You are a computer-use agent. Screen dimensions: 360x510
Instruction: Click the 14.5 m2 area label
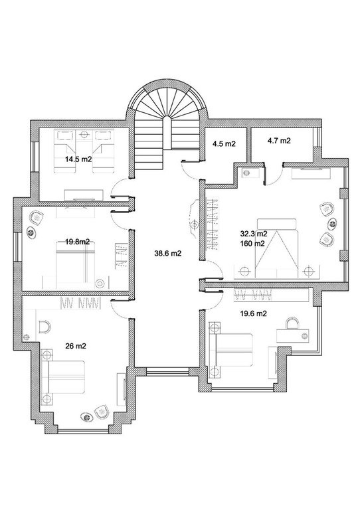78,159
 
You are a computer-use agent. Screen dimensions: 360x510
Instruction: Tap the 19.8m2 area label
78,242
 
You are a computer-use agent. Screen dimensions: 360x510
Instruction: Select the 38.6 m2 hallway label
168,254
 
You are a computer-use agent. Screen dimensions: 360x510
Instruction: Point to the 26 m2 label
76,346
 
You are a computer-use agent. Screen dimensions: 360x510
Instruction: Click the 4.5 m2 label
224,143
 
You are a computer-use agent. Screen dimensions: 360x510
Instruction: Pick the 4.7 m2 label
279,141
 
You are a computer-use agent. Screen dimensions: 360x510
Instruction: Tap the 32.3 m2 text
254,234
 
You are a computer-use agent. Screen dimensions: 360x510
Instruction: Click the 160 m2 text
252,243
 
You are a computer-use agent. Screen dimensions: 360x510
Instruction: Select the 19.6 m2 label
254,313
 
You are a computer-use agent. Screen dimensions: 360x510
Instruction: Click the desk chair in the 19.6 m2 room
292,323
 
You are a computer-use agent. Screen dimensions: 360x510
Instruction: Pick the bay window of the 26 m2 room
83,431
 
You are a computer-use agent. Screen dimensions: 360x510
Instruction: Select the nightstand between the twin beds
84,134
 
